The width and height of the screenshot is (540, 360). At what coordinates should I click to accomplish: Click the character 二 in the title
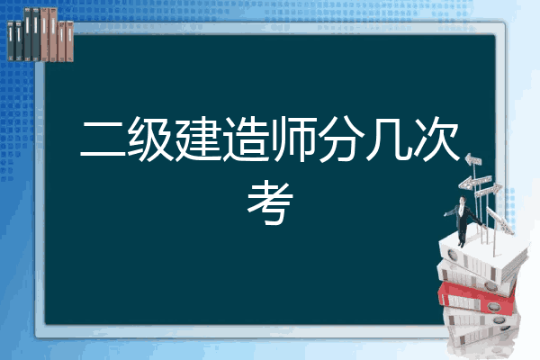[x=103, y=139]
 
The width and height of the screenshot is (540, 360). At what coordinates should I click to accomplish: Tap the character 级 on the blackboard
[x=150, y=139]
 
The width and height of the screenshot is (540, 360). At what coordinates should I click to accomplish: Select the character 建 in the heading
[x=198, y=139]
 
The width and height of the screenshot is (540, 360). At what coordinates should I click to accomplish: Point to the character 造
[x=246, y=139]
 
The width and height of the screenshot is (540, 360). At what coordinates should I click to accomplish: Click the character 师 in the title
[x=294, y=139]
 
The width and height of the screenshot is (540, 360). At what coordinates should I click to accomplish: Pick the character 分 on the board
[x=342, y=139]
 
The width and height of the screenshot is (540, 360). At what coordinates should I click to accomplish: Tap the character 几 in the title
[x=390, y=139]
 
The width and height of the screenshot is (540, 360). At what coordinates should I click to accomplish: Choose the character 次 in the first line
[x=436, y=139]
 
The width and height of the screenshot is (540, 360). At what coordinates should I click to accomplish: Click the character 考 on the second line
[x=270, y=202]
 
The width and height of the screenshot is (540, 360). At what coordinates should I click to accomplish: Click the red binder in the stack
[x=477, y=298]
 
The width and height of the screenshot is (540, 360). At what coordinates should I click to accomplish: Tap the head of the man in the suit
[x=463, y=200]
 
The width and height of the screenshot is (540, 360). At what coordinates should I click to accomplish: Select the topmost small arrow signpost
[x=473, y=160]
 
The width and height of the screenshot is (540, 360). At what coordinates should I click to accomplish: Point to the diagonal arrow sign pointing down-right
[x=499, y=220]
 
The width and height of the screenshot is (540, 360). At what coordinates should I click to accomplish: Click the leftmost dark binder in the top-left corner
[x=11, y=40]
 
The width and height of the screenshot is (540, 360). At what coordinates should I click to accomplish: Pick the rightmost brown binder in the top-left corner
[x=70, y=41]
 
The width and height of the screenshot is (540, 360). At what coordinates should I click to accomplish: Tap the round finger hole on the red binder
[x=493, y=306]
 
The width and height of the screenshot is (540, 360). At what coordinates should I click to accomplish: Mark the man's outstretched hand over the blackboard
[x=446, y=214]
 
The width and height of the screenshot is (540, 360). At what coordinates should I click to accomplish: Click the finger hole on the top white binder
[x=452, y=255]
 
